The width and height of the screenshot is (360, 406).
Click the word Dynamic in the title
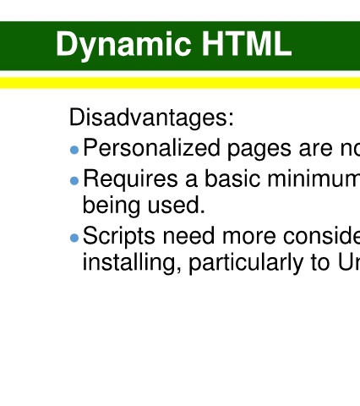(x=123, y=45)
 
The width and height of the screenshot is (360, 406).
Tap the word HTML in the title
(x=247, y=43)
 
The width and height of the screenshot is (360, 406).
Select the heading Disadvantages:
(x=151, y=117)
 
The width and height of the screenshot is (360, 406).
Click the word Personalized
(x=151, y=148)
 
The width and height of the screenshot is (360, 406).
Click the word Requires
(x=130, y=179)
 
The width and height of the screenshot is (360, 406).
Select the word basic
(x=232, y=178)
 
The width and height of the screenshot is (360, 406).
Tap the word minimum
(x=314, y=178)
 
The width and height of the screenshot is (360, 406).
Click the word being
(x=112, y=206)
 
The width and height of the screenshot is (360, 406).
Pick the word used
(x=176, y=206)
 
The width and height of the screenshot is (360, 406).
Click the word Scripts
(x=118, y=237)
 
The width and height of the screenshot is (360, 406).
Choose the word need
(x=188, y=235)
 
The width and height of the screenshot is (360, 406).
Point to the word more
(x=248, y=238)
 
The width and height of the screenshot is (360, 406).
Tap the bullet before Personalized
(x=74, y=150)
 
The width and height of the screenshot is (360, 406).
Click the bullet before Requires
(x=74, y=181)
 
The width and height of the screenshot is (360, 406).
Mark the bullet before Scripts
(x=74, y=238)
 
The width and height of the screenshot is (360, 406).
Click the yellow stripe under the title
(x=180, y=83)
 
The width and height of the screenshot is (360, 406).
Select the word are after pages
(x=316, y=151)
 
